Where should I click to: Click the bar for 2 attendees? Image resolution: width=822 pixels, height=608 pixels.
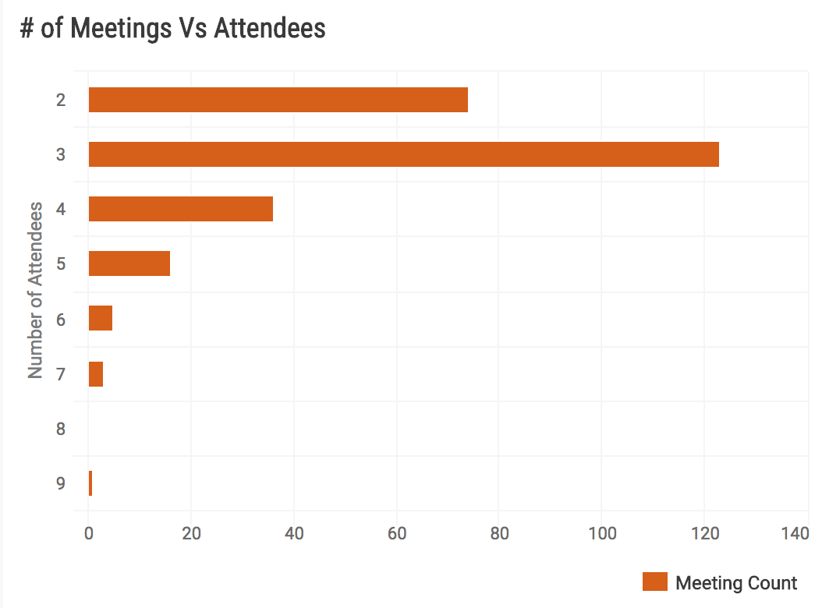pyautogui.click(x=278, y=100)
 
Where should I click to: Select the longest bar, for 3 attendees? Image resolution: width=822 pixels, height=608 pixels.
pyautogui.click(x=403, y=154)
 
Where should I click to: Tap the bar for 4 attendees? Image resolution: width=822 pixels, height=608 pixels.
pyautogui.click(x=180, y=209)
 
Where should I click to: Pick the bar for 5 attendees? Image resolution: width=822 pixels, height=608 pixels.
pyautogui.click(x=129, y=263)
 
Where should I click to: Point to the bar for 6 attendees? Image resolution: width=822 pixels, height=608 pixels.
pyautogui.click(x=100, y=318)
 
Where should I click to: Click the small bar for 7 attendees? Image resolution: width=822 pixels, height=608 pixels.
pyautogui.click(x=95, y=374)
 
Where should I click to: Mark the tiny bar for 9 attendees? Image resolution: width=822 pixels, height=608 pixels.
pyautogui.click(x=90, y=483)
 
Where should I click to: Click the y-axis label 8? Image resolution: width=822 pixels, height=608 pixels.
pyautogui.click(x=61, y=429)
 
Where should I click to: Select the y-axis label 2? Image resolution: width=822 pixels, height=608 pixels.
pyautogui.click(x=61, y=100)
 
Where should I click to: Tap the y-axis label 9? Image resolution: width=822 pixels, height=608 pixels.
pyautogui.click(x=61, y=483)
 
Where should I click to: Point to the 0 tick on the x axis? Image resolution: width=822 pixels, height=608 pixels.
pyautogui.click(x=89, y=534)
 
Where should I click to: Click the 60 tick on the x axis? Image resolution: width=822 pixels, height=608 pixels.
pyautogui.click(x=397, y=534)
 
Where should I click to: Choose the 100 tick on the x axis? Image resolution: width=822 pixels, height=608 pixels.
pyautogui.click(x=601, y=534)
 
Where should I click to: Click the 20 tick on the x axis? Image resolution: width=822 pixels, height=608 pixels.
pyautogui.click(x=191, y=534)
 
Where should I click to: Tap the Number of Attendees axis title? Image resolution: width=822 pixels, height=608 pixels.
pyautogui.click(x=35, y=290)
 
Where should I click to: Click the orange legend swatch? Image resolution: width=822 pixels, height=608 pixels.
pyautogui.click(x=655, y=582)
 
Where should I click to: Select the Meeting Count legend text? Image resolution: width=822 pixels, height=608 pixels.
pyautogui.click(x=736, y=583)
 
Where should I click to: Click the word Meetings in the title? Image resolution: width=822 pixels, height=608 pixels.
pyautogui.click(x=120, y=29)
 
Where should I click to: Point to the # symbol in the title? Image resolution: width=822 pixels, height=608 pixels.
pyautogui.click(x=27, y=29)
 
